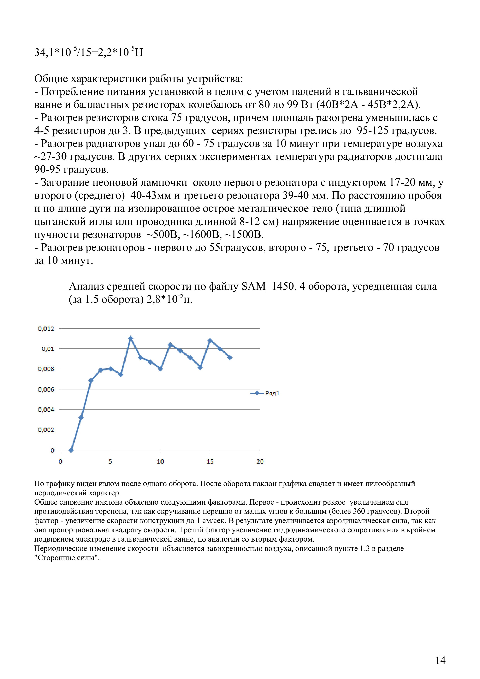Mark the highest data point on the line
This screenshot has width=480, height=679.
point(131,338)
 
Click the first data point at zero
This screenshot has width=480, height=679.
point(71,450)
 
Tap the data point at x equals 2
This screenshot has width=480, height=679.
point(81,417)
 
